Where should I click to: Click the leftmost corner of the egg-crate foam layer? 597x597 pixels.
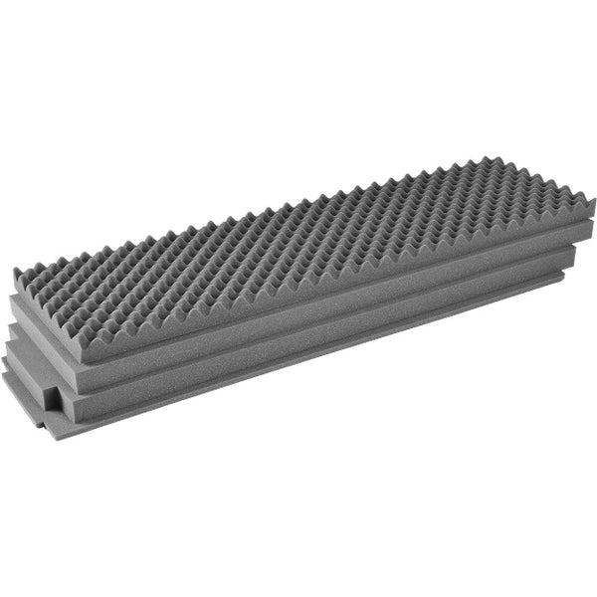(x=17, y=271)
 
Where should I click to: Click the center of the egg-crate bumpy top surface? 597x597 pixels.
(x=298, y=234)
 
